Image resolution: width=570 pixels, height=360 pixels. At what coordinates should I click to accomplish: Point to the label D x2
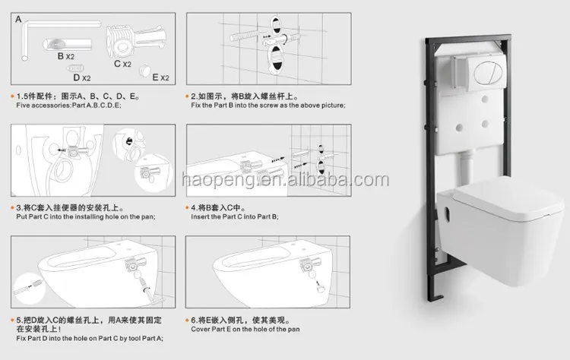(x=81, y=77)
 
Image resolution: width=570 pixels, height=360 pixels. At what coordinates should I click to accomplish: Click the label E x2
(x=160, y=77)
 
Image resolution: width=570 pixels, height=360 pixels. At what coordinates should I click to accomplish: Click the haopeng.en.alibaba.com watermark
(x=286, y=180)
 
